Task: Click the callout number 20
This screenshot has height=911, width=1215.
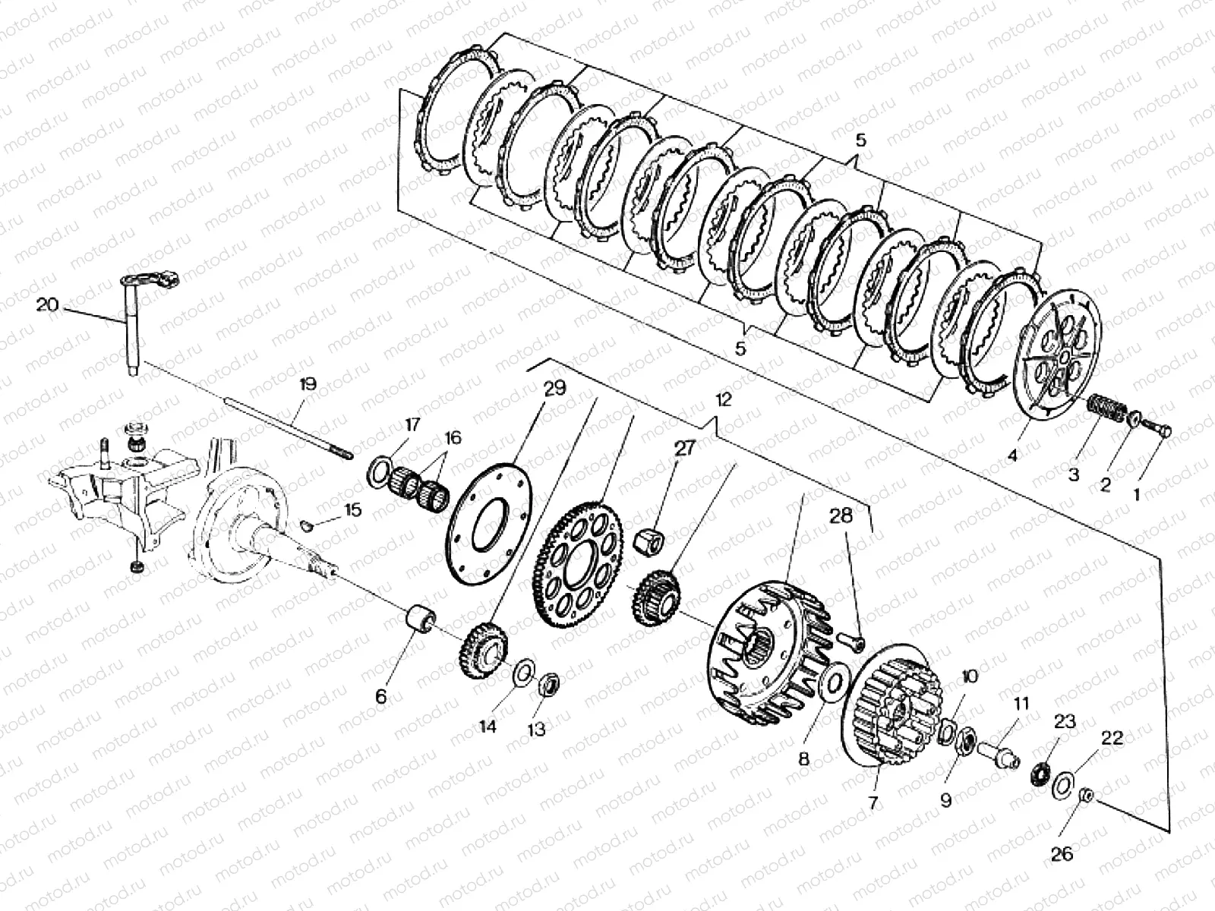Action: [x=46, y=304]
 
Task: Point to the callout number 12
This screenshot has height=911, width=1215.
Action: [x=723, y=400]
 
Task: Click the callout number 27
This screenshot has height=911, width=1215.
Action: [x=684, y=448]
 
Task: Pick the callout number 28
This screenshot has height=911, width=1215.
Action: [x=841, y=516]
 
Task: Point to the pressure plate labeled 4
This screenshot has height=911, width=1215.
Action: [x=1059, y=357]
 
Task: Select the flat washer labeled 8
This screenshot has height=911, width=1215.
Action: [x=835, y=676]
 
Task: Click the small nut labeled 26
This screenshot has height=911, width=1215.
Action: [x=1086, y=796]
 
